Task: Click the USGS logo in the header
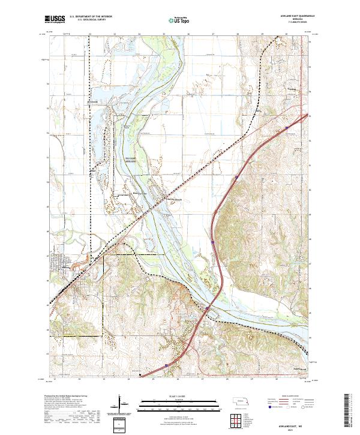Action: (55, 20)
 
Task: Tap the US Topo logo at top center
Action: (175, 20)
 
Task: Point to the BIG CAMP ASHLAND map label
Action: (132, 160)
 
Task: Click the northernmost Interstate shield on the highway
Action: (238, 177)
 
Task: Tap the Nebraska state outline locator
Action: (239, 401)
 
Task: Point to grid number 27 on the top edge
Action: (214, 35)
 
